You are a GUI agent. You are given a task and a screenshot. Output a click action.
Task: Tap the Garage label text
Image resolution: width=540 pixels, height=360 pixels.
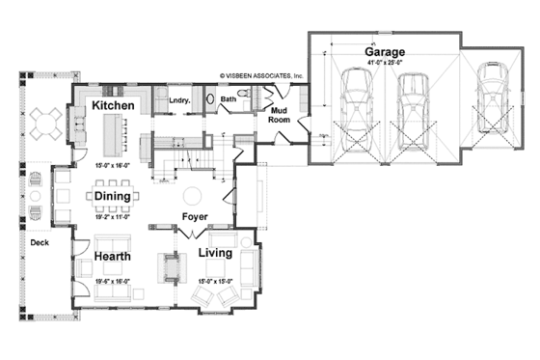tap(385, 50)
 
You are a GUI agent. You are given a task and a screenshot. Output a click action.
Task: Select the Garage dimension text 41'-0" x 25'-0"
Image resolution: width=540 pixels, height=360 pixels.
tap(385, 63)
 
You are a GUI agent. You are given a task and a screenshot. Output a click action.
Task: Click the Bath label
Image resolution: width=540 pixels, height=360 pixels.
tap(228, 98)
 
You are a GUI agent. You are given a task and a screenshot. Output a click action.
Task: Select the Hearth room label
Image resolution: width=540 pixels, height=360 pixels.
tap(113, 257)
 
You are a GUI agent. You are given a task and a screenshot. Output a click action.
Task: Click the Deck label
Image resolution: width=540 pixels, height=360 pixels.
tap(39, 243)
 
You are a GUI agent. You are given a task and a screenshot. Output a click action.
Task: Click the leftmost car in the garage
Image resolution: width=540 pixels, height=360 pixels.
tap(353, 104)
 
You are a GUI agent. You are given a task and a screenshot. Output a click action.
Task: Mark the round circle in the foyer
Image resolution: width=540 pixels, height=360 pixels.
tap(191, 191)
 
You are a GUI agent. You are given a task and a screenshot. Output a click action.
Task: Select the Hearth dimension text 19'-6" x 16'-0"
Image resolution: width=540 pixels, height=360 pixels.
tap(113, 281)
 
